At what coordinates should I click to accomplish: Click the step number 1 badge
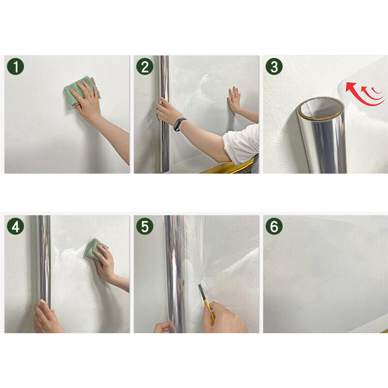click(16, 66)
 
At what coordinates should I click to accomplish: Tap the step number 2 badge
click(145, 66)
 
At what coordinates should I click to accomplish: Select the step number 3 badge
click(274, 66)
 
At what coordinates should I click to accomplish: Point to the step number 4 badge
click(16, 226)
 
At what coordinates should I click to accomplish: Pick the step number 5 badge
click(145, 226)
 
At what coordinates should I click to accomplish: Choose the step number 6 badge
click(274, 226)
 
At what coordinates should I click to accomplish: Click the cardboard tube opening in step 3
click(320, 108)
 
